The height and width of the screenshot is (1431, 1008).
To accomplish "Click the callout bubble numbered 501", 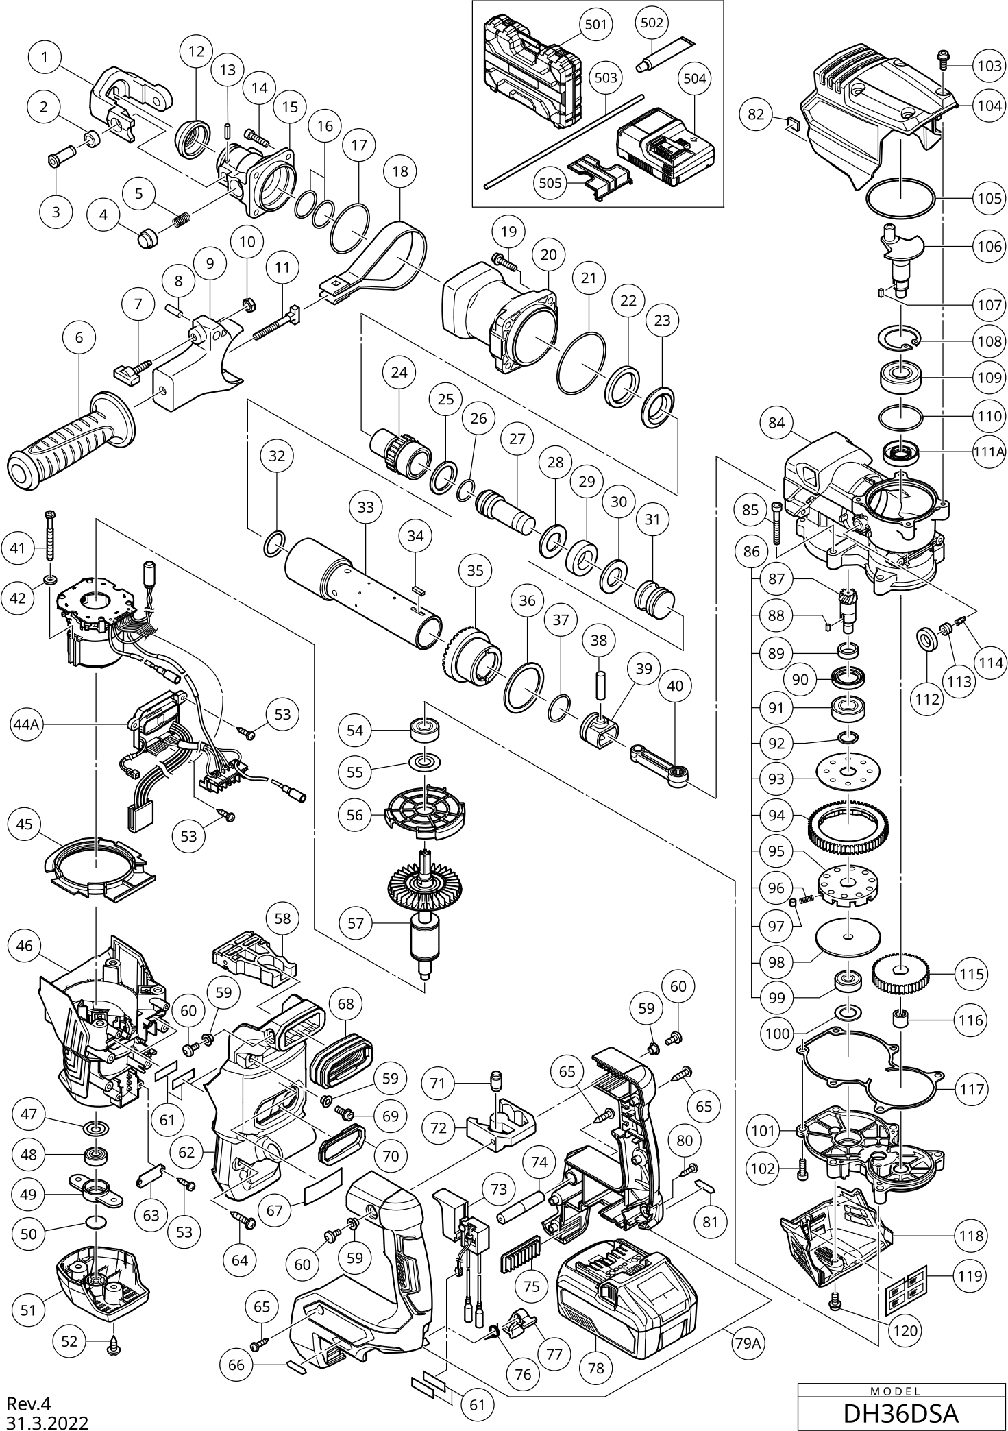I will click(595, 25).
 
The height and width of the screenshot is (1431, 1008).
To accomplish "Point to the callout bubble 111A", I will click(988, 452).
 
